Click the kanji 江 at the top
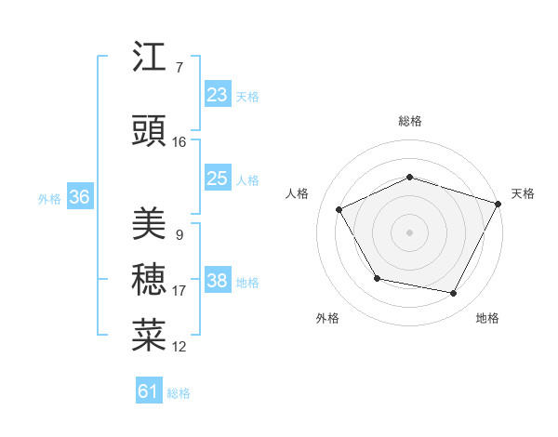(150, 58)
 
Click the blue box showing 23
(217, 95)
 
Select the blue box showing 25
(217, 179)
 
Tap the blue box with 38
(217, 282)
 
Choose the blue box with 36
(79, 197)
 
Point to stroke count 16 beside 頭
(179, 142)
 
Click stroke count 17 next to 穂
(179, 291)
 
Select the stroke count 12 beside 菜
(179, 347)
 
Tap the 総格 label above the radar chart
(409, 121)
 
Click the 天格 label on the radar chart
(523, 193)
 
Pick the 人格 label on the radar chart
(297, 193)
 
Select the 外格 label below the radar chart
(327, 318)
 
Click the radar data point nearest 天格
(499, 203)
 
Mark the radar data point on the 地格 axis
(453, 293)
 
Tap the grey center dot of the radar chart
(409, 232)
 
